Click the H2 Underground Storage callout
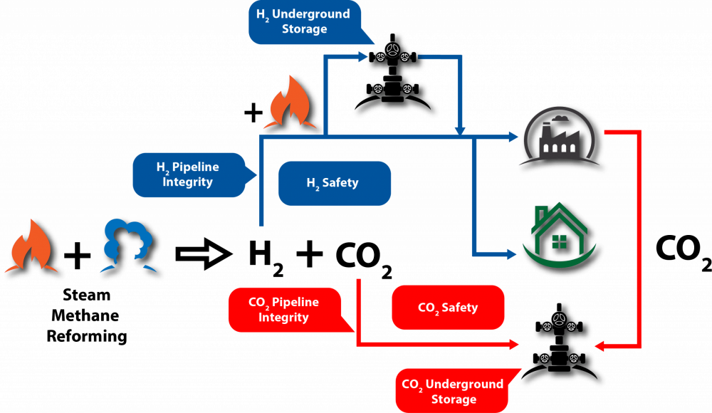click(x=303, y=21)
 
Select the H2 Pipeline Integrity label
click(x=187, y=174)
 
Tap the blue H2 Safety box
click(x=334, y=183)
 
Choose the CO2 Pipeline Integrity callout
click(x=283, y=310)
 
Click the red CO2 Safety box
click(x=448, y=308)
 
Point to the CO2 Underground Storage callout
click(x=452, y=391)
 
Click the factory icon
click(x=560, y=140)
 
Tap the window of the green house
click(x=559, y=241)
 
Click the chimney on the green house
click(x=542, y=214)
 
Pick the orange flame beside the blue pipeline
click(x=290, y=105)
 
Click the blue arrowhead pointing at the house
click(x=511, y=253)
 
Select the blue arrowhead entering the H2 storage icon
click(x=362, y=55)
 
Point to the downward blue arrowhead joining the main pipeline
click(x=460, y=130)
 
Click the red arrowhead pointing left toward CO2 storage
click(x=600, y=346)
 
